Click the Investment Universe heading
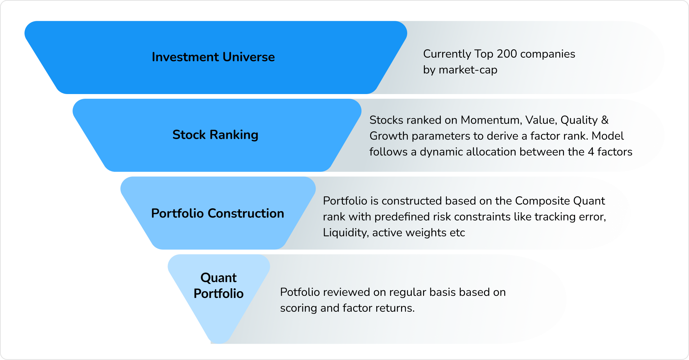(213, 57)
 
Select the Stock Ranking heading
(215, 135)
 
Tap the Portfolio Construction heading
(218, 213)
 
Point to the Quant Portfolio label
(219, 285)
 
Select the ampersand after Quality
(605, 120)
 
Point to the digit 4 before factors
(591, 152)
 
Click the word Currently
(447, 54)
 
